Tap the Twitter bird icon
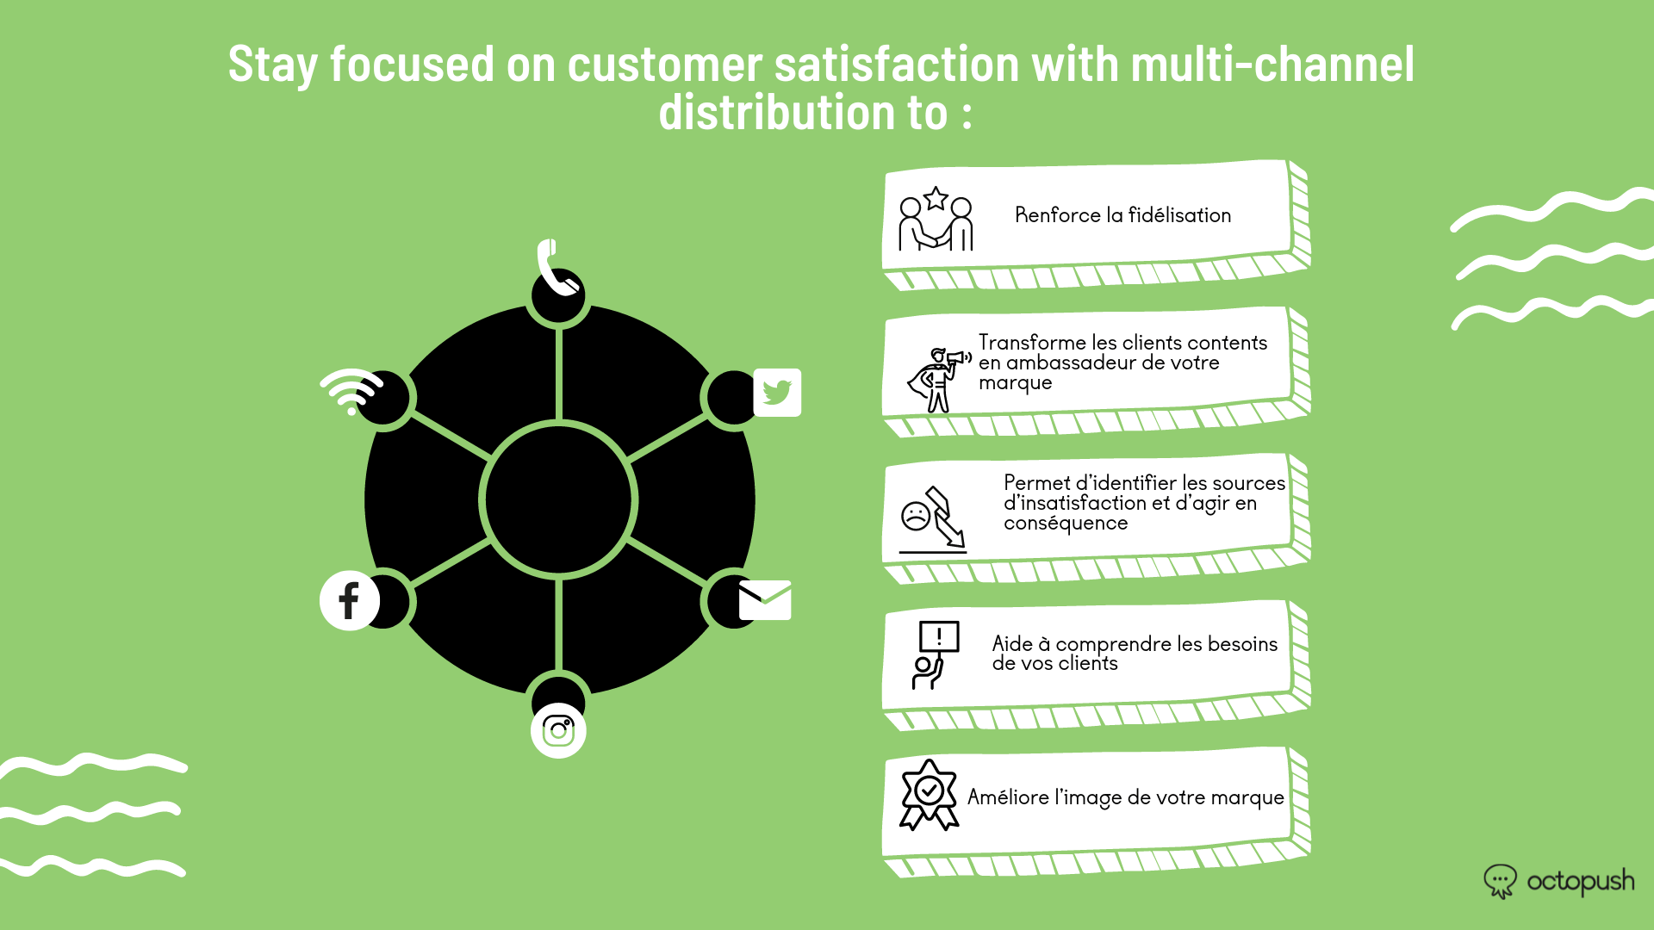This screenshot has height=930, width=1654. pyautogui.click(x=777, y=393)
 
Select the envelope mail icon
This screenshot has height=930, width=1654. pyautogui.click(x=765, y=599)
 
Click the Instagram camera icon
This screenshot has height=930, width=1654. pyautogui.click(x=558, y=731)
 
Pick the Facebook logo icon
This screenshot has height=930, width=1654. pyautogui.click(x=349, y=600)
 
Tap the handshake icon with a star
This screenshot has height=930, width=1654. pyautogui.click(x=936, y=220)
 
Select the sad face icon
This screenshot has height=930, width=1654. pyautogui.click(x=915, y=516)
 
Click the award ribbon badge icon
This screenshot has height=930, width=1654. pyautogui.click(x=929, y=795)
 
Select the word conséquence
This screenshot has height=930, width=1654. pyautogui.click(x=1066, y=524)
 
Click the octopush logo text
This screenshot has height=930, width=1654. pyautogui.click(x=1580, y=882)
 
